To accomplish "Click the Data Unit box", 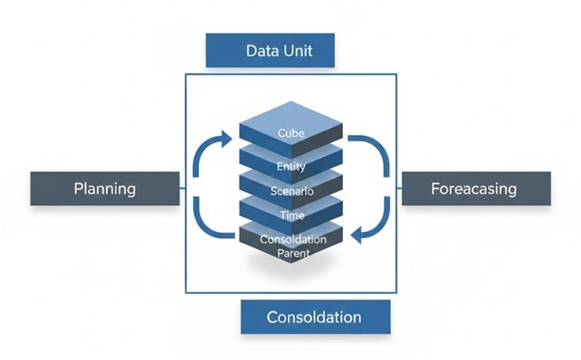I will [x=270, y=50].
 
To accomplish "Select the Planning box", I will [x=105, y=189].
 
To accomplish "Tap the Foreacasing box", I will [x=475, y=189].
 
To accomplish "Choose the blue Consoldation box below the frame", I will [x=314, y=317].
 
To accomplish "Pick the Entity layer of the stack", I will [x=291, y=166].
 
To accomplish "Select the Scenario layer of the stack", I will [x=291, y=191].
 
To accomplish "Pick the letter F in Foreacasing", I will [x=435, y=189].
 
